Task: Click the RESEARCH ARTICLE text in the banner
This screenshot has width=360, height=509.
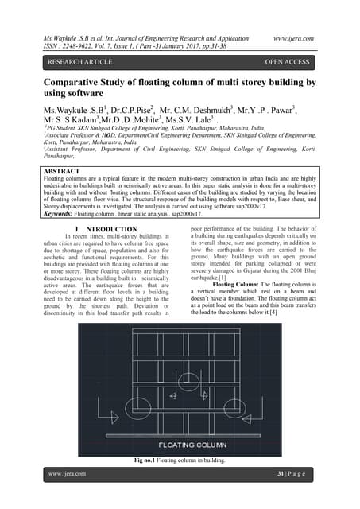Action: click(x=79, y=60)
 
